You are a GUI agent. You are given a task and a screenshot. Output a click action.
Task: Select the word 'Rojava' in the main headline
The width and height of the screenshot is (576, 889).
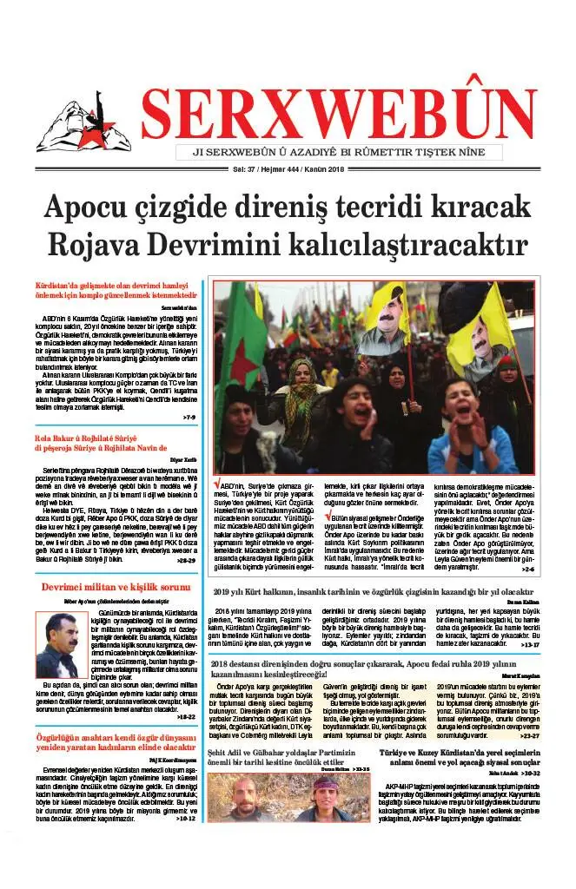pyautogui.click(x=95, y=247)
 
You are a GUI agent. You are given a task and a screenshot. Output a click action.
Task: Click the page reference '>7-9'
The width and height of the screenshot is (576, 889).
pyautogui.click(x=189, y=418)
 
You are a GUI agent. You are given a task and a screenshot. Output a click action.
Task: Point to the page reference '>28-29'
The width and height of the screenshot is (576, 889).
pyautogui.click(x=186, y=561)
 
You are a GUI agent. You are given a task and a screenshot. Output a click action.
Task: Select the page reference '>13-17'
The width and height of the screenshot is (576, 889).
pyautogui.click(x=528, y=645)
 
